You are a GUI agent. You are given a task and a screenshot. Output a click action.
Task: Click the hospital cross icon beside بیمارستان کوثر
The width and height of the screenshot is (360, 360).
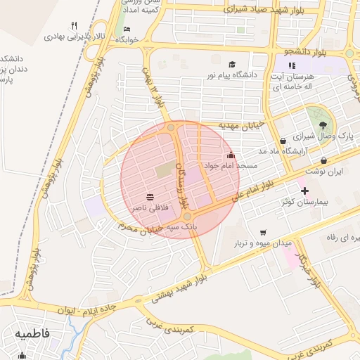pos(304,191)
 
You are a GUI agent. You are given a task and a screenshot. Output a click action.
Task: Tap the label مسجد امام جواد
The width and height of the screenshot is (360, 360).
pos(230,165)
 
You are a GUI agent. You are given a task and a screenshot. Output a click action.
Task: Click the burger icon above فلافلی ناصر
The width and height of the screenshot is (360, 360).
pos(150,197)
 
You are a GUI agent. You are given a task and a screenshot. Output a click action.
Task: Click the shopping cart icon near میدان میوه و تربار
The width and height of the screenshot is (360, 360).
pos(263,232)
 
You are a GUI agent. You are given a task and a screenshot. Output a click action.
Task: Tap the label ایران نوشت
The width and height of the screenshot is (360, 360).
pos(326,171)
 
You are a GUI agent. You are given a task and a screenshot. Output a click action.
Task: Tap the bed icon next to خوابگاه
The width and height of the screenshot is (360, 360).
pos(127,29)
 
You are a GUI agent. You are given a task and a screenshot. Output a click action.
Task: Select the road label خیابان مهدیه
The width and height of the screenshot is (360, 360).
pos(240,124)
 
